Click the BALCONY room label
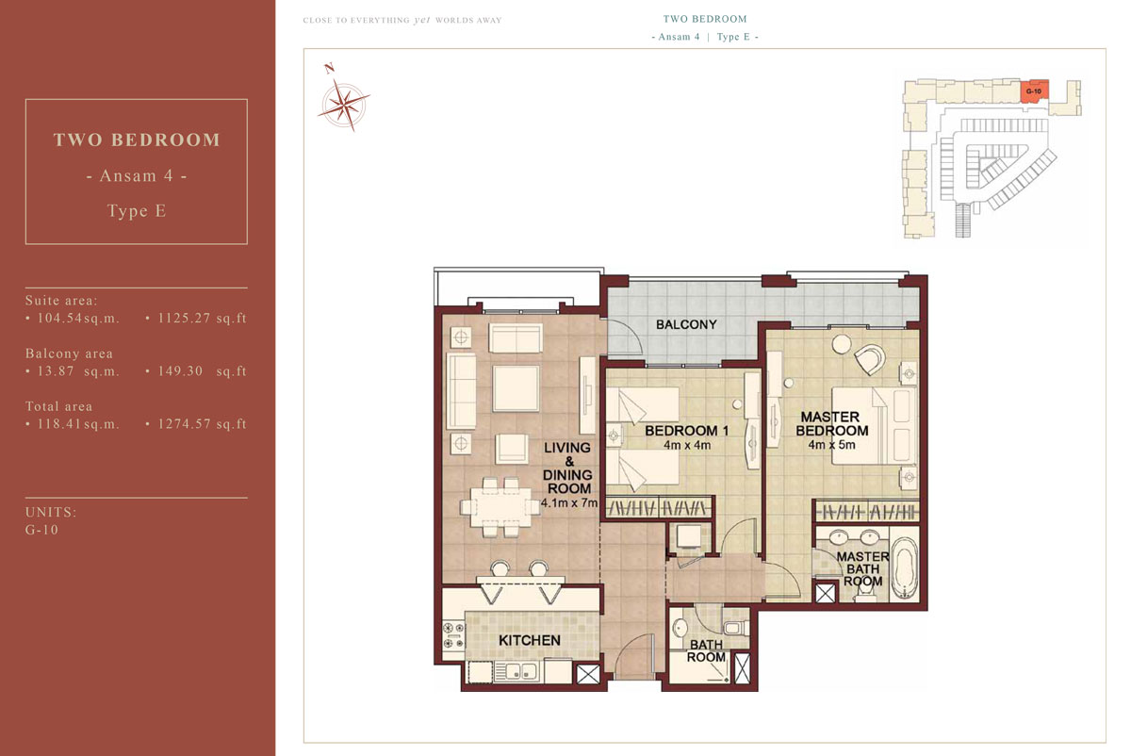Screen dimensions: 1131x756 click(686, 324)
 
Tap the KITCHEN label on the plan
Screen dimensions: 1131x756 click(529, 640)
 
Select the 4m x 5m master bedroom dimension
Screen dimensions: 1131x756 click(831, 445)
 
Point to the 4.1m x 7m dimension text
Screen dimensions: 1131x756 click(569, 503)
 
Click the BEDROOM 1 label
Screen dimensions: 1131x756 click(687, 431)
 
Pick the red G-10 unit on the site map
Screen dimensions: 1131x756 click(1034, 91)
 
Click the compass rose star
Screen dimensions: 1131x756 click(344, 105)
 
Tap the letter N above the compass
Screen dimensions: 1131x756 click(329, 68)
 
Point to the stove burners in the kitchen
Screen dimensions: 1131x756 click(453, 635)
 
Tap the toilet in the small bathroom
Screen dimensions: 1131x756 click(736, 628)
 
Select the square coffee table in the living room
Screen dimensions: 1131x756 click(516, 388)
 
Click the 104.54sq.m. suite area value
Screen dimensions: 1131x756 click(78, 319)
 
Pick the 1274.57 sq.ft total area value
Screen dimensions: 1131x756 click(202, 423)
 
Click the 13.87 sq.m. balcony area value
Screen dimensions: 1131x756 click(78, 371)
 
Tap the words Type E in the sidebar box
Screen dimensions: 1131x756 click(137, 210)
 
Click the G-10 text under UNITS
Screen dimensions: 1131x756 click(41, 530)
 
